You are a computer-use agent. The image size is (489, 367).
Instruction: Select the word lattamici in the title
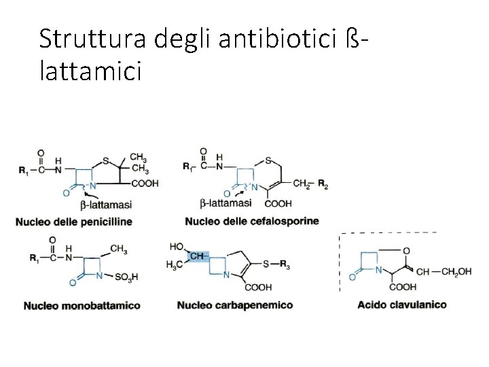coord(90,71)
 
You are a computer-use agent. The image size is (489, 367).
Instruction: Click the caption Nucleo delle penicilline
coord(73,221)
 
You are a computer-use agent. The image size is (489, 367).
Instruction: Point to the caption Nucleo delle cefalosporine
coord(251,221)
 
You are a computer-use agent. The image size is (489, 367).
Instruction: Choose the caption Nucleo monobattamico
coord(81,306)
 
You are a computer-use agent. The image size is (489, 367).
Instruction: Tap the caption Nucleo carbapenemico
coord(235,305)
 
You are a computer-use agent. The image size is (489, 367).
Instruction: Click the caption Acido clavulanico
coord(402,304)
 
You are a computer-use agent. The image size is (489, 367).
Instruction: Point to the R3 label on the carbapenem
coord(284,266)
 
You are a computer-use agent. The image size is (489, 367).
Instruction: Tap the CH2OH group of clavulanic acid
coord(455,272)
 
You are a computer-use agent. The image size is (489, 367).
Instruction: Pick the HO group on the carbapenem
coord(175,246)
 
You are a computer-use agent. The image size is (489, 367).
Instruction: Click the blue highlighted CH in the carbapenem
coord(196,256)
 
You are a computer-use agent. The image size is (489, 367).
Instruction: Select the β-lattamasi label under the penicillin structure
coord(106,204)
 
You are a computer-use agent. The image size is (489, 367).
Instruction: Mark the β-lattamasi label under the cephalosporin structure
coord(226,203)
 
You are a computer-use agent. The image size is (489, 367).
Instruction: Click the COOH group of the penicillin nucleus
coord(145,183)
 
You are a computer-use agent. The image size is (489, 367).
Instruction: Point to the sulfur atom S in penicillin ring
coord(105,161)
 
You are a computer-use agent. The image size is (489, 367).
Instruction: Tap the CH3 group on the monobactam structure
coord(118,249)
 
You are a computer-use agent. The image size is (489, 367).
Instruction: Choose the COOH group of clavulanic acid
coord(403,287)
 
